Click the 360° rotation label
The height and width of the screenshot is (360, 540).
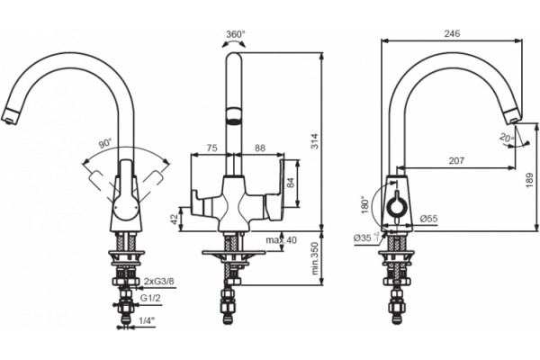point(236,34)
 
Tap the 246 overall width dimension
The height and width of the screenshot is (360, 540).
point(452,33)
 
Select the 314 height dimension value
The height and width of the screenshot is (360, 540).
point(315,141)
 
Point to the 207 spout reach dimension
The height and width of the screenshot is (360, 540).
point(456,160)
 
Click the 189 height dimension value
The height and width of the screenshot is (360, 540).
point(530,181)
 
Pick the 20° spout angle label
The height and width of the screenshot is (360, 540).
point(506,138)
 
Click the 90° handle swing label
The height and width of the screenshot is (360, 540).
point(105,143)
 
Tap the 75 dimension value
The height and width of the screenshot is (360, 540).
point(211,148)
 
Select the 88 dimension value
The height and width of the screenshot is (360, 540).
point(260,148)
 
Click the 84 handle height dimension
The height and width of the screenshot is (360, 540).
point(291,183)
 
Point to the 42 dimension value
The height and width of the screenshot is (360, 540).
point(175,219)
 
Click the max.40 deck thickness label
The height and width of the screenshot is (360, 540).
point(281,240)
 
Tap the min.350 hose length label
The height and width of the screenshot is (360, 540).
point(315,258)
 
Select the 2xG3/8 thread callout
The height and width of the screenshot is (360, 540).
point(159,282)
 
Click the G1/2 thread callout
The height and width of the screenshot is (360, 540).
point(150,298)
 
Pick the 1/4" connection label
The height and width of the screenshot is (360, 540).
point(147,320)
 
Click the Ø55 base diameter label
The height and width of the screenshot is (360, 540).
point(428,219)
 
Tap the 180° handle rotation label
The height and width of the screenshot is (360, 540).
point(365,205)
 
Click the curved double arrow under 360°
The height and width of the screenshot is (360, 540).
point(234,42)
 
